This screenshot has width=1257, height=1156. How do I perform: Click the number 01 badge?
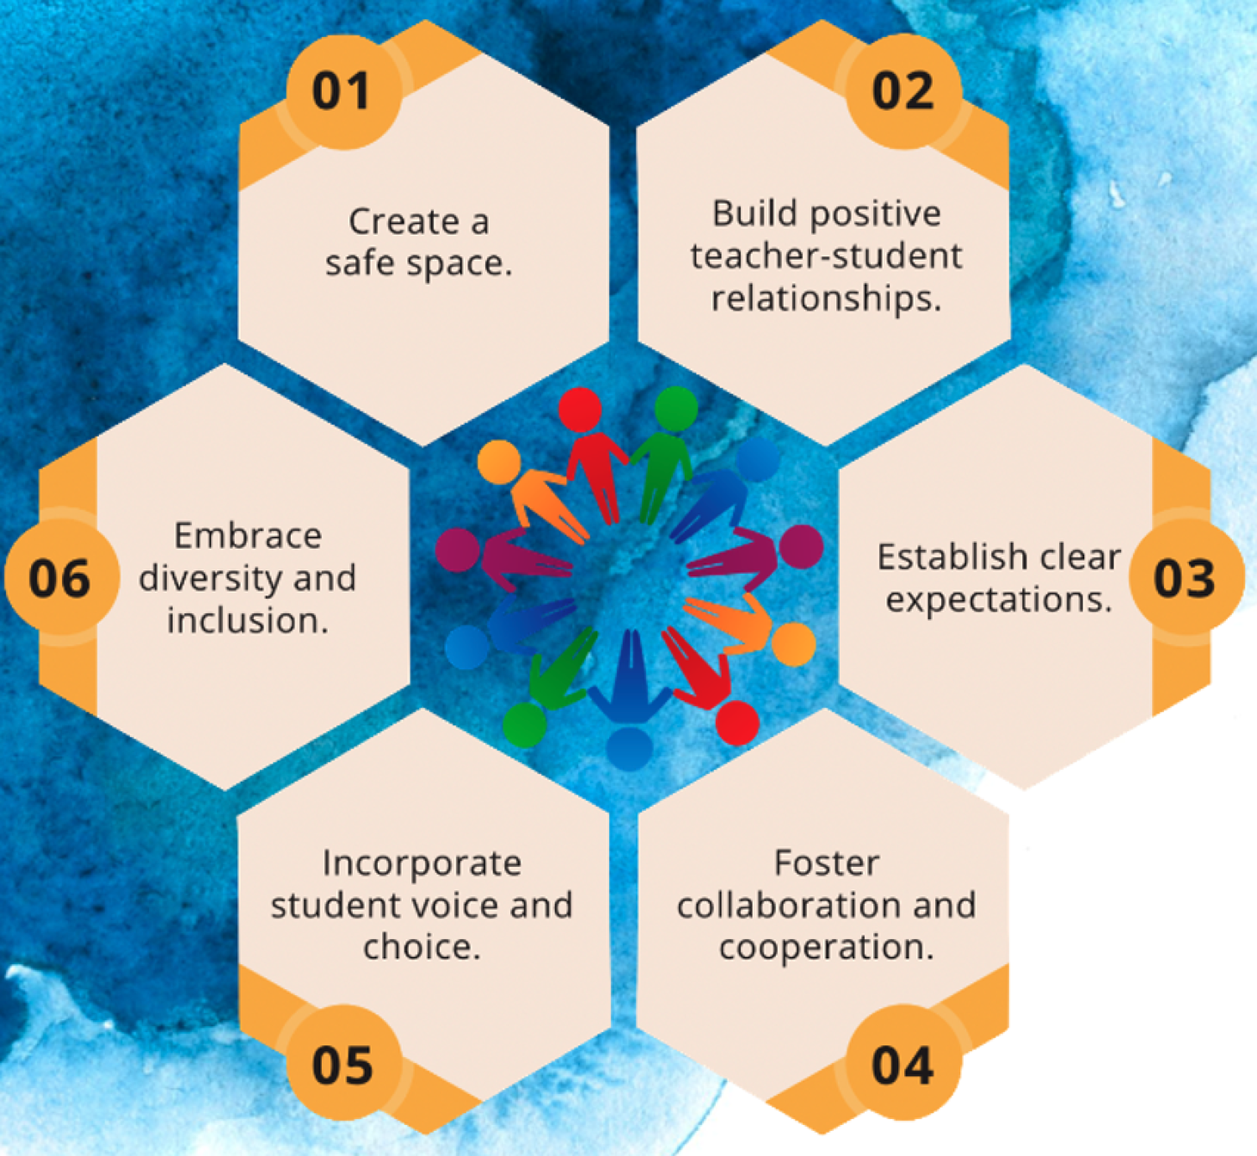(x=344, y=91)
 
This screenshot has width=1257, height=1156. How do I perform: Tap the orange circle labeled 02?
(x=903, y=91)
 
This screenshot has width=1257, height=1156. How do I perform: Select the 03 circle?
(x=1187, y=578)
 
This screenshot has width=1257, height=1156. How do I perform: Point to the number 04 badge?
(x=903, y=1064)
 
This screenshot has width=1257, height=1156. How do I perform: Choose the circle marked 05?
(x=344, y=1064)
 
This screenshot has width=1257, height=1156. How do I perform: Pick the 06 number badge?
(x=61, y=578)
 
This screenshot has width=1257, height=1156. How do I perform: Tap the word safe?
(x=361, y=263)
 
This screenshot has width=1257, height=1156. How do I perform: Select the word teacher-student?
(x=826, y=256)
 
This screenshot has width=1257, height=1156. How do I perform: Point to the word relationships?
(x=826, y=299)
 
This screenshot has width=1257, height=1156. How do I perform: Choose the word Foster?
(x=826, y=864)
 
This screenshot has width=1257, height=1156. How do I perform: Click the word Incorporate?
(x=422, y=864)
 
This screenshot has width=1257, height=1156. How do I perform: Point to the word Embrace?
(x=248, y=536)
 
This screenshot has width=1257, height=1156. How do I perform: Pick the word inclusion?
(x=248, y=620)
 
